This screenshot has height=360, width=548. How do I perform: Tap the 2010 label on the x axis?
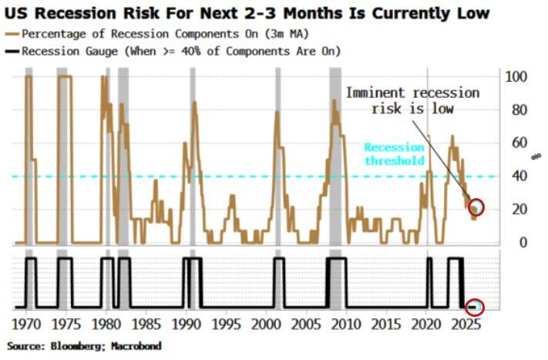348,321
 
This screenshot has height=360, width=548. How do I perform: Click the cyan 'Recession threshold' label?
394,154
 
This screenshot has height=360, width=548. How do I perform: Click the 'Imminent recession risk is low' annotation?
412,100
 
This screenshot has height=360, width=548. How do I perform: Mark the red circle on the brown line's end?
477,207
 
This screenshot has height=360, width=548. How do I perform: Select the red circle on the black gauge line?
474,307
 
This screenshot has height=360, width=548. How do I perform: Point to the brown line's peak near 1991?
194,103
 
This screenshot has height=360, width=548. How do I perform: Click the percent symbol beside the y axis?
536,158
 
